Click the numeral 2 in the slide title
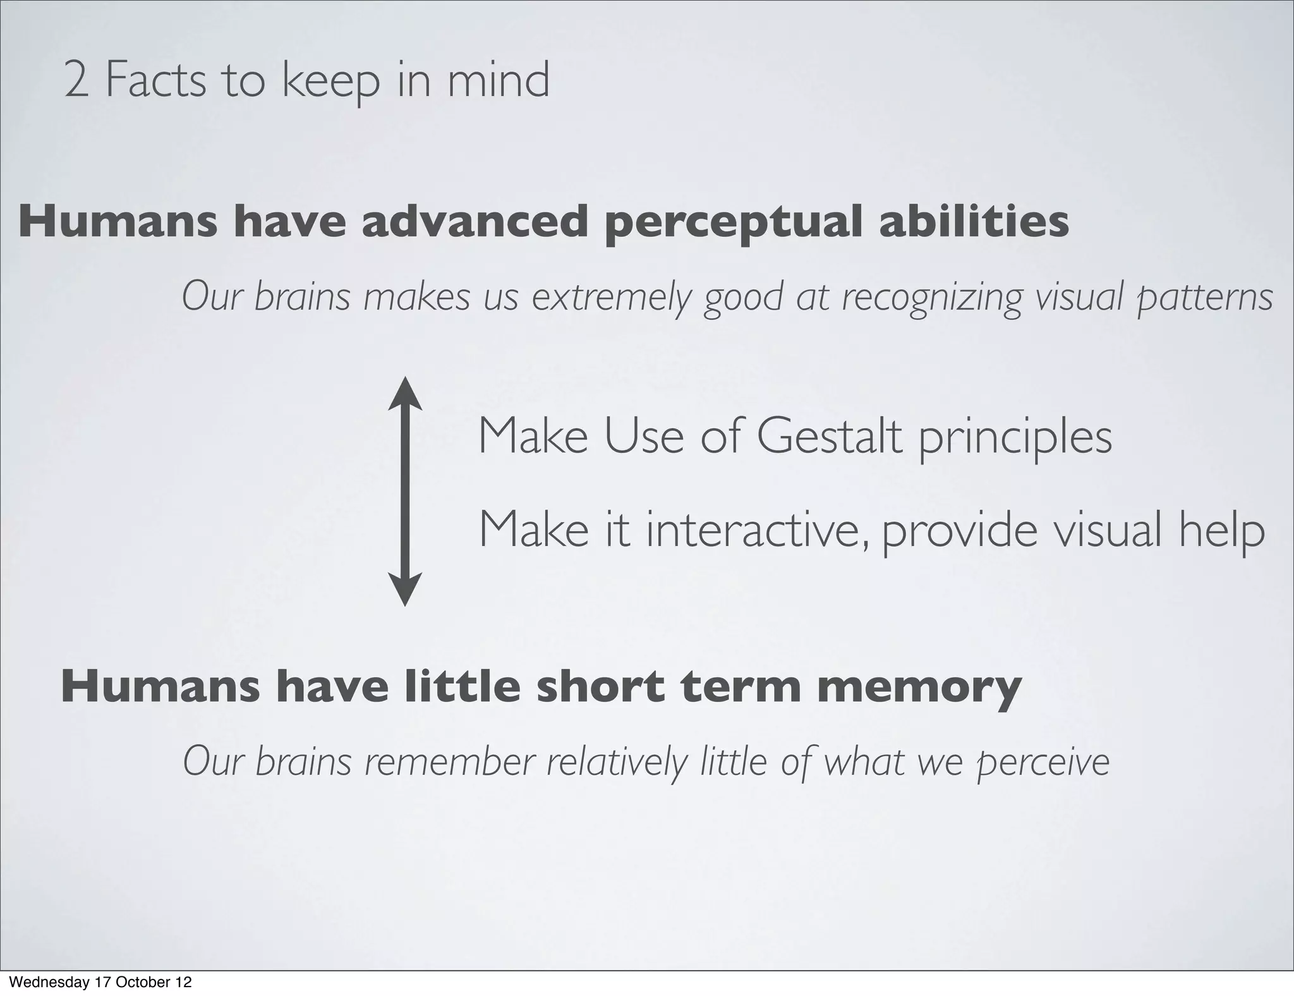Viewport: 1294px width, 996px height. click(76, 81)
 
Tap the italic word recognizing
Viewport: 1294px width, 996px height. click(932, 297)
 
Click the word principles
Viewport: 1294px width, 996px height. click(1015, 437)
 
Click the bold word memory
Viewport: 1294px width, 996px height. click(919, 688)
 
